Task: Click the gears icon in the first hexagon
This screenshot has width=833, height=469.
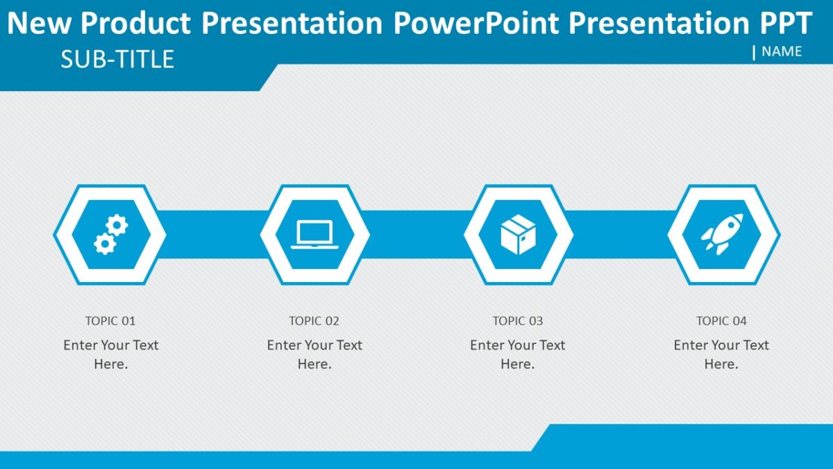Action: tap(110, 235)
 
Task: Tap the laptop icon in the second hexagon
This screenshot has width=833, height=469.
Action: tap(314, 235)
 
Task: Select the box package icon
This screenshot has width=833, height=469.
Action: tap(519, 235)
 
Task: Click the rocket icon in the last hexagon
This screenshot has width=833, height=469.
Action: tap(723, 235)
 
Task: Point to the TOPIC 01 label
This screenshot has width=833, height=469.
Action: tap(110, 321)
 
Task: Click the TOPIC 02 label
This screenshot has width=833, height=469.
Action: tap(314, 321)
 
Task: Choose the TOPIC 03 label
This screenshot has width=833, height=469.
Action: tap(518, 321)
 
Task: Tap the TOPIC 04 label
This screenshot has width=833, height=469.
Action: tap(722, 321)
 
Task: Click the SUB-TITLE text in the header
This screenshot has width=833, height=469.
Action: tap(117, 60)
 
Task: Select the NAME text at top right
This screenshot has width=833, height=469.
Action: tap(782, 51)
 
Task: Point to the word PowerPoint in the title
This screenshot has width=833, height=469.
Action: tap(476, 24)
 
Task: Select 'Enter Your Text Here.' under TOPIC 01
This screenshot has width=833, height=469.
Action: tap(111, 354)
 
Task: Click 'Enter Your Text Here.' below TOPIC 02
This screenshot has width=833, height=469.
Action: tap(314, 354)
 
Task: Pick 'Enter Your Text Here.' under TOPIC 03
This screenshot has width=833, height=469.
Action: tap(518, 354)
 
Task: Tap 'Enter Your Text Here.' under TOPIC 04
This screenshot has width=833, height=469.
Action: tap(721, 354)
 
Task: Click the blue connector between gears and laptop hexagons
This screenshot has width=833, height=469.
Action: tap(212, 235)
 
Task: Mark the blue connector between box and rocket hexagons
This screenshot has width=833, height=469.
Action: tap(620, 235)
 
